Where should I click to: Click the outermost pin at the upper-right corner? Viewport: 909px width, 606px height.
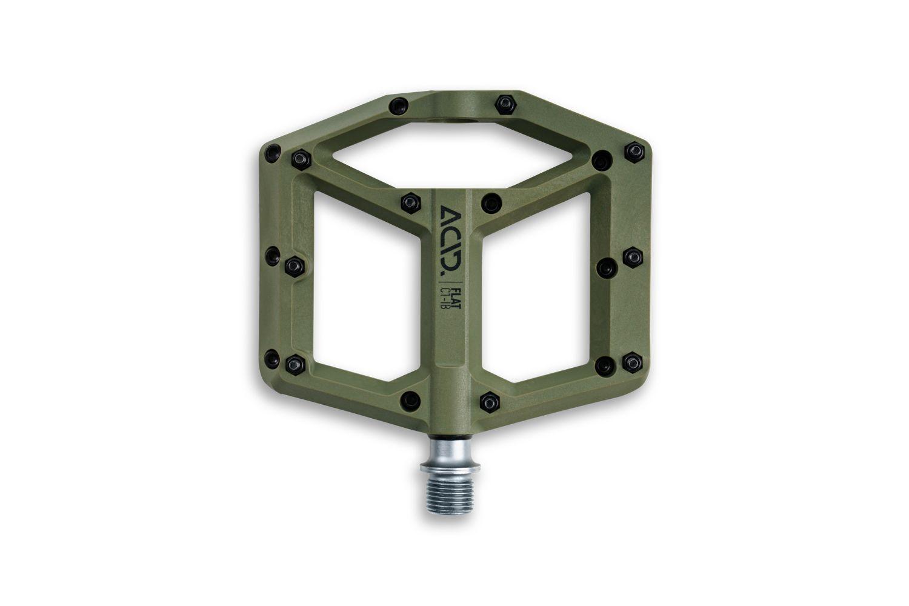tap(634, 149)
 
